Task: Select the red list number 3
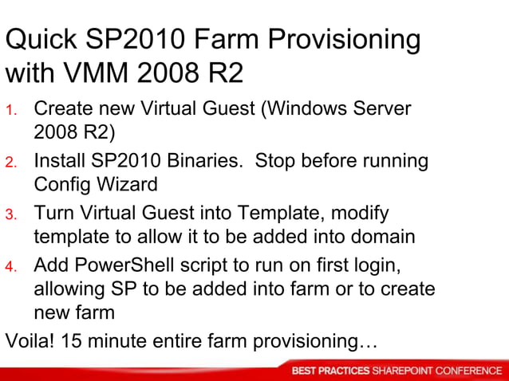(x=11, y=215)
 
